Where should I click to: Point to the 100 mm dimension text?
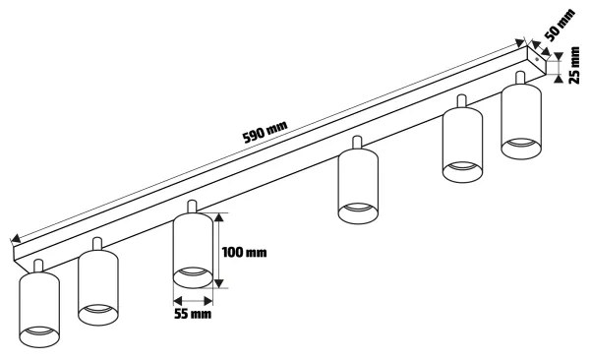245,252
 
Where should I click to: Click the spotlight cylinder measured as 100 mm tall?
193,250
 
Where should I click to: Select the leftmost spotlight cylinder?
39,309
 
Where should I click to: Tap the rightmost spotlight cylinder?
521,120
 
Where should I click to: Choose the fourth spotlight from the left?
357,185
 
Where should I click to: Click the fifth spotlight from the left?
461,144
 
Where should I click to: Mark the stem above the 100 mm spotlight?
193,206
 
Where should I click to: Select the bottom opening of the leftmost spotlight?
39,337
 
